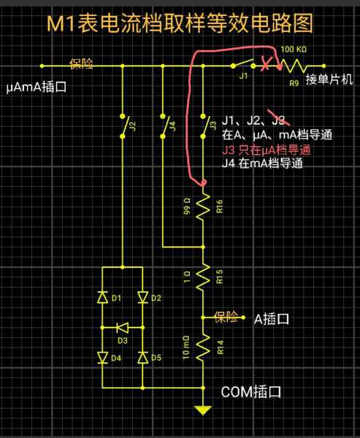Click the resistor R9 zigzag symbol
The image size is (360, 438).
[294, 66]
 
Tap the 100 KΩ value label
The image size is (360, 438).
[294, 50]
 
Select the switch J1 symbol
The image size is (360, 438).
[243, 64]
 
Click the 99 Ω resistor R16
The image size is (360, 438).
[203, 206]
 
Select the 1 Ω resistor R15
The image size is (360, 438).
[203, 277]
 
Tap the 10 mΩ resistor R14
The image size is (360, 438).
[203, 347]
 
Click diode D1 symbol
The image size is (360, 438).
[102, 297]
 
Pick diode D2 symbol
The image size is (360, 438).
[143, 297]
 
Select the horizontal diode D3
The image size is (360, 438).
[123, 327]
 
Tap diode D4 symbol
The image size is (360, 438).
[102, 358]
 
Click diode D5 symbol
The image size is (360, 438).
[143, 358]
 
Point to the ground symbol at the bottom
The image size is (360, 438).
[203, 410]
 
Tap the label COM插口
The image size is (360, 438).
[250, 392]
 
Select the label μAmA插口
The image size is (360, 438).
[37, 87]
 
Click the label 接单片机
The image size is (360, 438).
[329, 80]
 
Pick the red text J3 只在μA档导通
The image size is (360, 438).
[266, 150]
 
